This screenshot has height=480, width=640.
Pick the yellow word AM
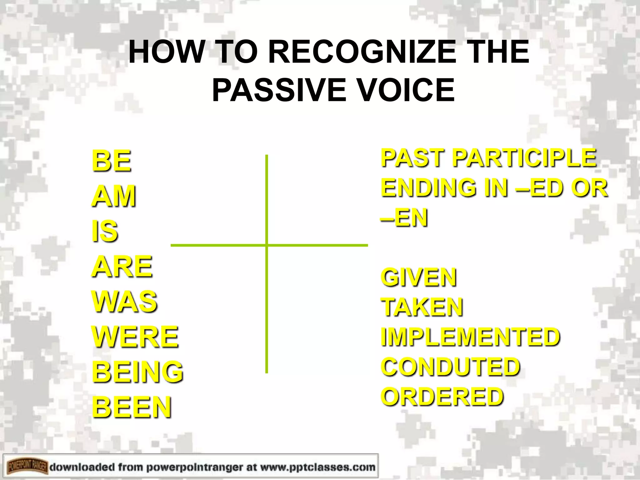(x=114, y=196)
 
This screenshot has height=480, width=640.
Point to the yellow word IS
(x=105, y=231)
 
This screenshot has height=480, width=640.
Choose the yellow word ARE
(x=122, y=266)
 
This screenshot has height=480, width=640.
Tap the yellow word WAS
(x=124, y=301)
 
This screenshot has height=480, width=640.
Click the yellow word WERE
(x=135, y=337)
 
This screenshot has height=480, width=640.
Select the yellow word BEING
(x=137, y=372)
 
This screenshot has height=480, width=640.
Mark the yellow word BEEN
(x=132, y=407)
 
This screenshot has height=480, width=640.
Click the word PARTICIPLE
(x=525, y=157)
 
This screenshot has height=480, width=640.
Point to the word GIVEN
(x=419, y=277)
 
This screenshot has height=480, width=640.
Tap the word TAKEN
(x=422, y=307)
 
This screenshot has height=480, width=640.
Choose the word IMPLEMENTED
(x=470, y=337)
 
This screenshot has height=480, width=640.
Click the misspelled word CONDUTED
(x=450, y=366)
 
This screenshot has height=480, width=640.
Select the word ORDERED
(x=442, y=396)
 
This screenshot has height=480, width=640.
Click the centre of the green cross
(x=267, y=245)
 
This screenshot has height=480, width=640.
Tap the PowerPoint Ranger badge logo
(x=27, y=467)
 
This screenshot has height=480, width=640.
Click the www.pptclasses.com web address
(x=317, y=467)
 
